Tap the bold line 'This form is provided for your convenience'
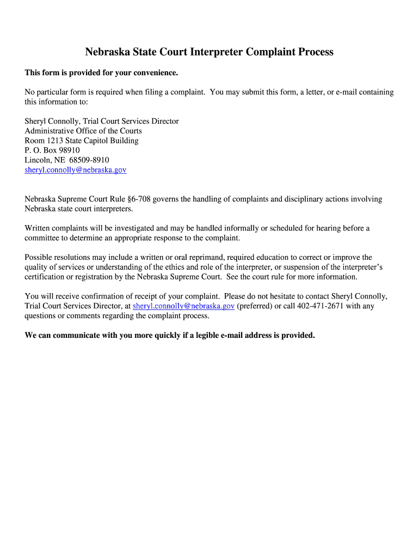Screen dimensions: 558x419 [101, 72]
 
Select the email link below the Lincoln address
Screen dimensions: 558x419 [76, 170]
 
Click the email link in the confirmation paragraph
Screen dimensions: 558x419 [183, 306]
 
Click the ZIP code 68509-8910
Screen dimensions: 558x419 [89, 160]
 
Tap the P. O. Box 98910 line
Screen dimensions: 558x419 [52, 150]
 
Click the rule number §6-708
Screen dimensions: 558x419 [138, 199]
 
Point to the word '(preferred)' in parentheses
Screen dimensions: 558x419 [254, 306]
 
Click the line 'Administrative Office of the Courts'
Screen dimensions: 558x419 [83, 131]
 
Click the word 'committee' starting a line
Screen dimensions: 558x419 [42, 238]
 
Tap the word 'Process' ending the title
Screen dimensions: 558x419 [316, 52]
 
